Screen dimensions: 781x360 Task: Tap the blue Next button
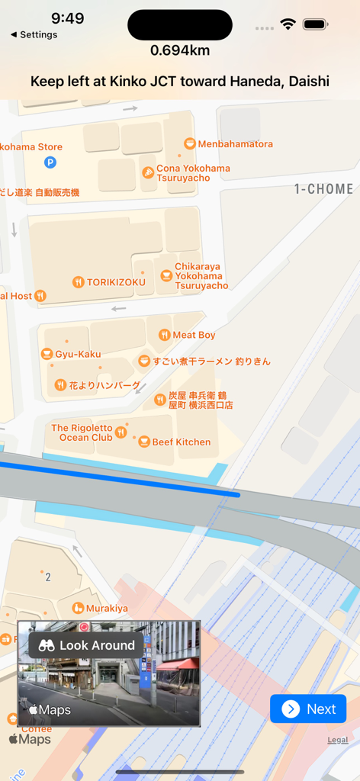click(308, 709)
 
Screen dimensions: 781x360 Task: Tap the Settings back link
click(34, 34)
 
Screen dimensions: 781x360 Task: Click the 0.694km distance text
click(180, 50)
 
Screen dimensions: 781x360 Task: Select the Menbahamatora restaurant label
click(235, 144)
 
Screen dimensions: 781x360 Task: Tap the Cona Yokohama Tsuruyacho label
click(192, 173)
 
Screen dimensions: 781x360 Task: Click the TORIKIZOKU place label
click(116, 282)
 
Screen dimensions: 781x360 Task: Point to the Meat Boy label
click(194, 335)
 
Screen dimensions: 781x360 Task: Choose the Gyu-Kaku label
click(78, 354)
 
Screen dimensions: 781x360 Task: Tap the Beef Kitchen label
click(181, 442)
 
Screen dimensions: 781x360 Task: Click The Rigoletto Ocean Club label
click(82, 432)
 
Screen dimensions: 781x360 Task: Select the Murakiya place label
click(107, 608)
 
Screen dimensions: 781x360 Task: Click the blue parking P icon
click(50, 162)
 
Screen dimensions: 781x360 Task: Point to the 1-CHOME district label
click(324, 189)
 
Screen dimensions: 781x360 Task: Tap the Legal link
click(338, 740)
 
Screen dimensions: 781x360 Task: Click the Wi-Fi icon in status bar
click(288, 24)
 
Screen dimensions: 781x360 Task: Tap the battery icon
click(315, 24)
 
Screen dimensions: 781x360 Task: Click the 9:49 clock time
click(68, 18)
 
